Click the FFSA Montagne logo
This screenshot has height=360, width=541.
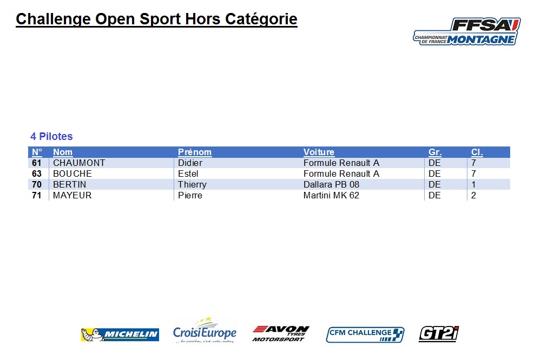tap(467, 31)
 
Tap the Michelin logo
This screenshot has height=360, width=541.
tap(120, 335)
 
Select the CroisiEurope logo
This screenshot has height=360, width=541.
tap(205, 330)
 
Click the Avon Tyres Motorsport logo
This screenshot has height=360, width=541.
tap(281, 334)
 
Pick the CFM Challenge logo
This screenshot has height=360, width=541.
tap(365, 335)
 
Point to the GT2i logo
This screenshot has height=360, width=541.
tap(439, 334)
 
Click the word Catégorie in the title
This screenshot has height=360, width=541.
tap(261, 19)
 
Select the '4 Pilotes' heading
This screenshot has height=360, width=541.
tap(51, 137)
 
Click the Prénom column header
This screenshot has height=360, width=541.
tap(195, 152)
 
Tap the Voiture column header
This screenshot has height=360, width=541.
tap(319, 152)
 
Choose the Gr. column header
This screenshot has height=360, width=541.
tap(435, 152)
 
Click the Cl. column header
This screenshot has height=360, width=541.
tap(477, 152)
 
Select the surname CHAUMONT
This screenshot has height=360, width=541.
tap(79, 163)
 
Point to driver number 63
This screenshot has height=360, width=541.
tap(37, 174)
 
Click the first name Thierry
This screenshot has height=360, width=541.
tap(192, 185)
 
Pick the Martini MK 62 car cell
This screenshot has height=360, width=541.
tap(331, 196)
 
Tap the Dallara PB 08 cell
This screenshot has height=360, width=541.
tap(331, 184)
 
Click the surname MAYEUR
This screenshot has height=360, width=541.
tap(72, 196)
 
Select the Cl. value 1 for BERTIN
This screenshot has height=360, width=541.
tap(473, 184)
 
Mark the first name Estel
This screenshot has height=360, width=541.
tap(188, 174)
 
